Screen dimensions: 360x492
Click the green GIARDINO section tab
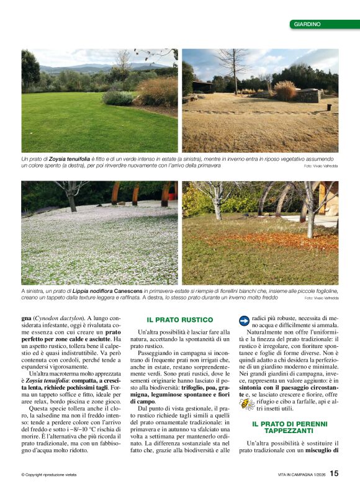click(x=324, y=24)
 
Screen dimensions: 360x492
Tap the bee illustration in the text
click(x=247, y=404)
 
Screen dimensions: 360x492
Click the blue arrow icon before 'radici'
click(x=243, y=320)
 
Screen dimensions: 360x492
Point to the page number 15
click(x=334, y=473)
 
